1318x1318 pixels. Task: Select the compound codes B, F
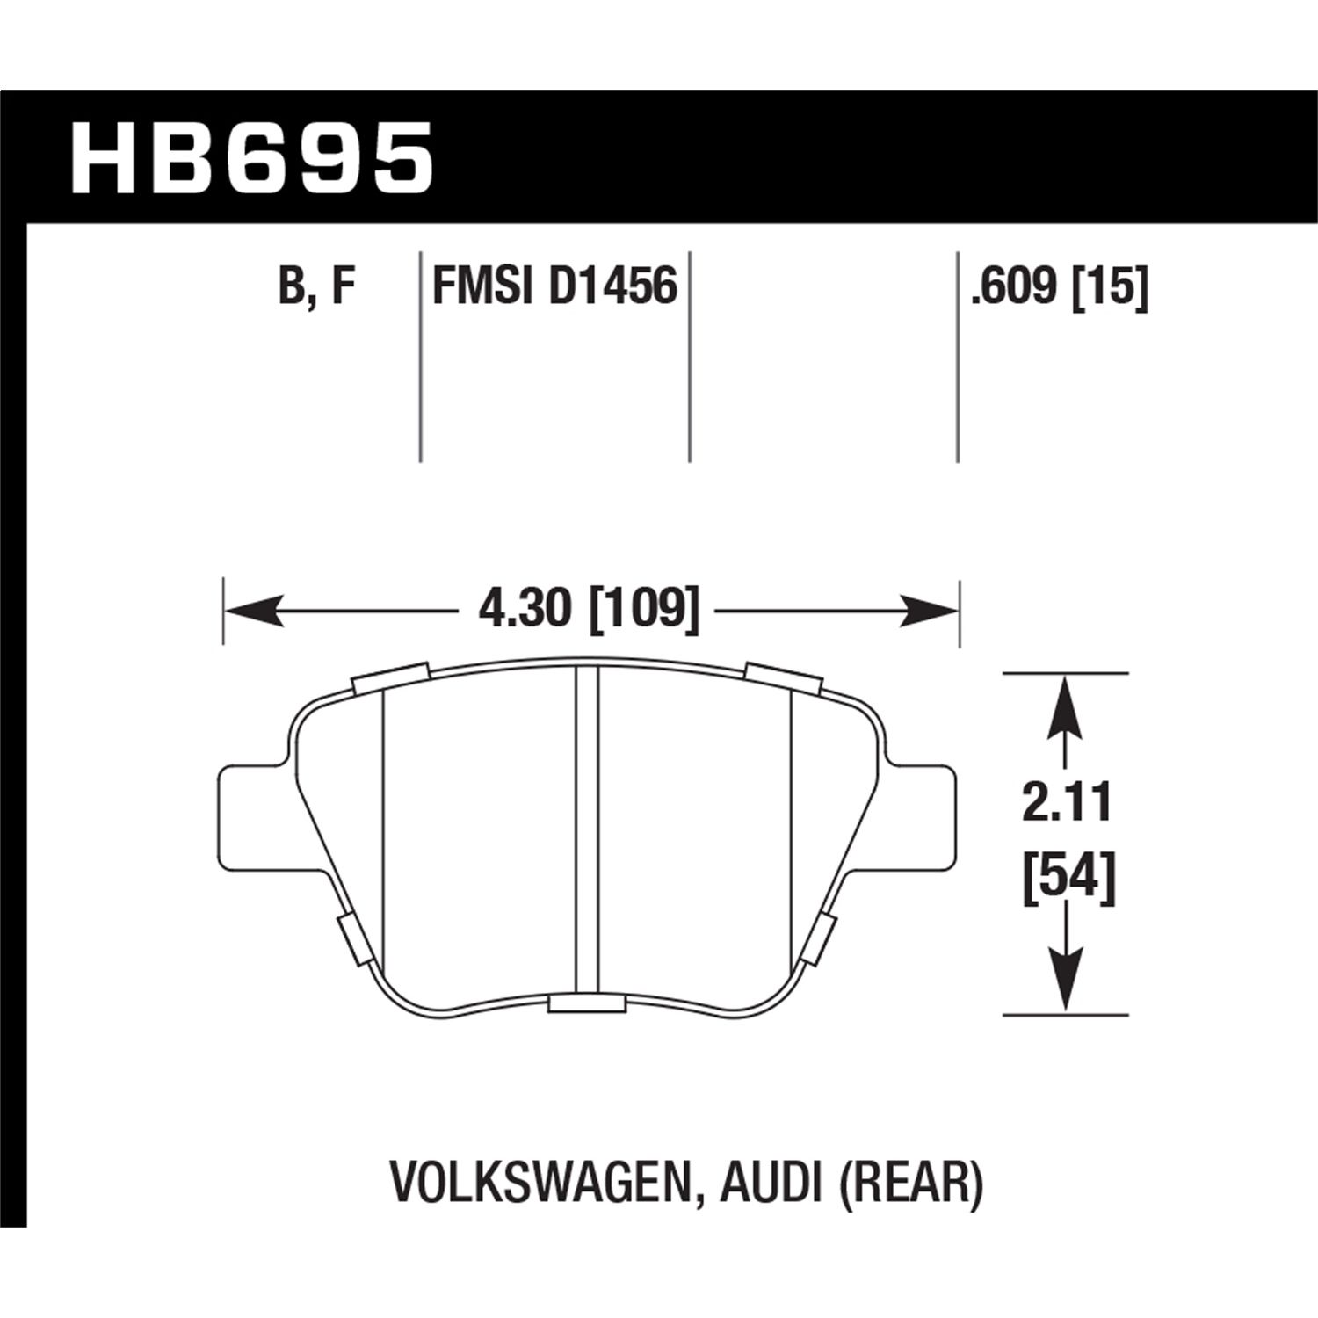(316, 287)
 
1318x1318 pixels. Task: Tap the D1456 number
(613, 287)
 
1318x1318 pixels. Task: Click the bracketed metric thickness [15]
(1111, 287)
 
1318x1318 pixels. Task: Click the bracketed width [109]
(645, 608)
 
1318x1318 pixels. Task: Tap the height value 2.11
(1067, 804)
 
